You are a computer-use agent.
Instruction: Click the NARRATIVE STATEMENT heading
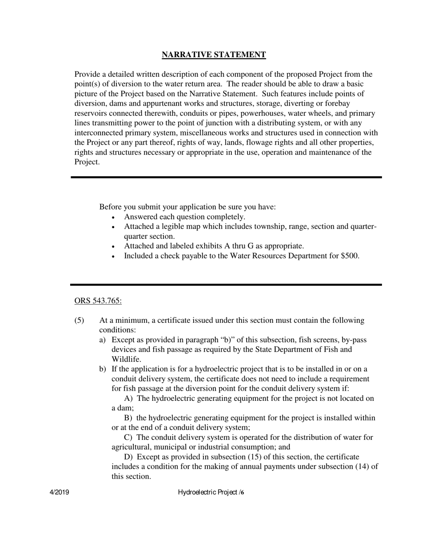pyautogui.click(x=214, y=55)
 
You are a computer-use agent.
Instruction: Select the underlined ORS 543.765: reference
pyautogui.click(x=98, y=301)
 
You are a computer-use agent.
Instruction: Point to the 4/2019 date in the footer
pyautogui.click(x=59, y=492)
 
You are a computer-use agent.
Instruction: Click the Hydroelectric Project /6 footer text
pyautogui.click(x=211, y=492)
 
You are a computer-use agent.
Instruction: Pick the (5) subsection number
pyautogui.click(x=79, y=320)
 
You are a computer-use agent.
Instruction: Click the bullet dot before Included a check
pyautogui.click(x=114, y=257)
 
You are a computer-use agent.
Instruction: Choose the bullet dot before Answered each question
pyautogui.click(x=114, y=218)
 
